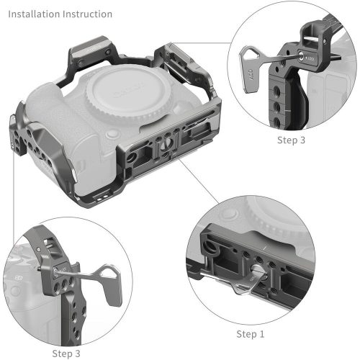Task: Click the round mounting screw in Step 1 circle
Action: tap(258, 276)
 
